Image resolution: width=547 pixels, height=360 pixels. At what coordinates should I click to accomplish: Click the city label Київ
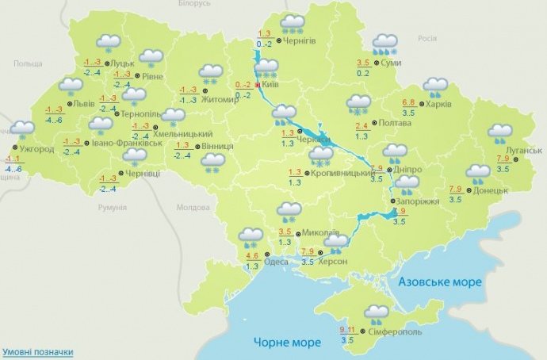tap(272, 82)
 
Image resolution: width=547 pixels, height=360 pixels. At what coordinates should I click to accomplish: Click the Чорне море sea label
tap(287, 342)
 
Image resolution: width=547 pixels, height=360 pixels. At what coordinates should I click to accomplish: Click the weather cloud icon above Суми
tap(385, 44)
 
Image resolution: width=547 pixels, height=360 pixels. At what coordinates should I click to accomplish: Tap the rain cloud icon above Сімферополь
tap(376, 315)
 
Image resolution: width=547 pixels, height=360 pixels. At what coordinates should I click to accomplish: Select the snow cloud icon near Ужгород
tap(22, 129)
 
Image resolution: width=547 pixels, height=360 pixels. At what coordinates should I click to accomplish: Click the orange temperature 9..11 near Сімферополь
tap(346, 329)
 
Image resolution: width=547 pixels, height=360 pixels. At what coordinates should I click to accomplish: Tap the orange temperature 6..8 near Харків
tap(409, 102)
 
